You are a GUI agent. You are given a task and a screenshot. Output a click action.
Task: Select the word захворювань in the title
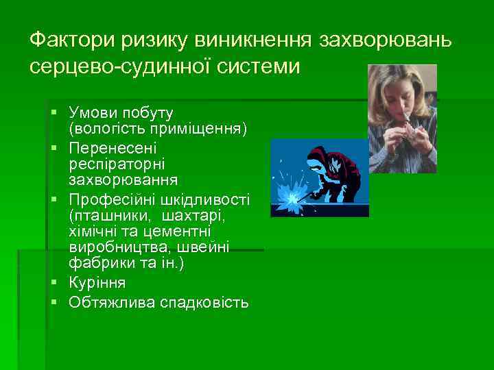pyautogui.click(x=385, y=40)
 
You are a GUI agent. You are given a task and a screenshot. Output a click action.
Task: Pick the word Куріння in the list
pyautogui.click(x=97, y=282)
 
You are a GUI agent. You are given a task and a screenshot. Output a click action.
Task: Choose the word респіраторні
pyautogui.click(x=113, y=164)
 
